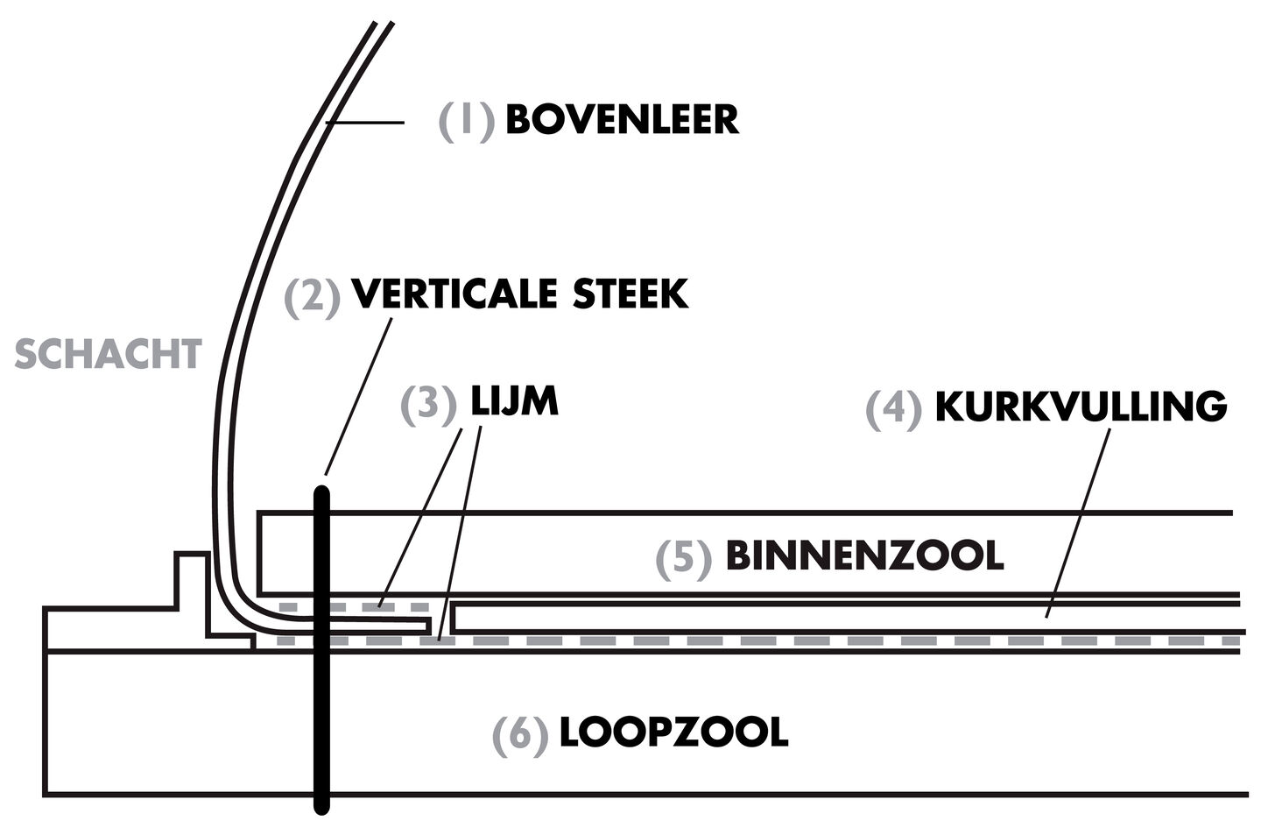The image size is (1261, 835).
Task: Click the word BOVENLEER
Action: (x=622, y=119)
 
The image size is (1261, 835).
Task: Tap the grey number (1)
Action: (x=467, y=120)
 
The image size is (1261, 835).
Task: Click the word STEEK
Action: (x=630, y=294)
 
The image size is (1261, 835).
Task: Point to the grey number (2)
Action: (x=312, y=296)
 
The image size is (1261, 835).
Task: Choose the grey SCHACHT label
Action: (x=109, y=355)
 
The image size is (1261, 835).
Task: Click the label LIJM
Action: (x=514, y=402)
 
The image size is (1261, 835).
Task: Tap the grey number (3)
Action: (x=429, y=404)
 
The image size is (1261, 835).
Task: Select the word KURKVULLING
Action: (x=1081, y=407)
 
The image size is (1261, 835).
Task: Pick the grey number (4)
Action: (x=894, y=408)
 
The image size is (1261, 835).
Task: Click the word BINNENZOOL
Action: (x=864, y=555)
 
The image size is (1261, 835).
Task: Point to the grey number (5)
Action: (x=684, y=557)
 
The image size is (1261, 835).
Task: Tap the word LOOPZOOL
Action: (x=673, y=732)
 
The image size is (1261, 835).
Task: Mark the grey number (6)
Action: (x=520, y=734)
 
